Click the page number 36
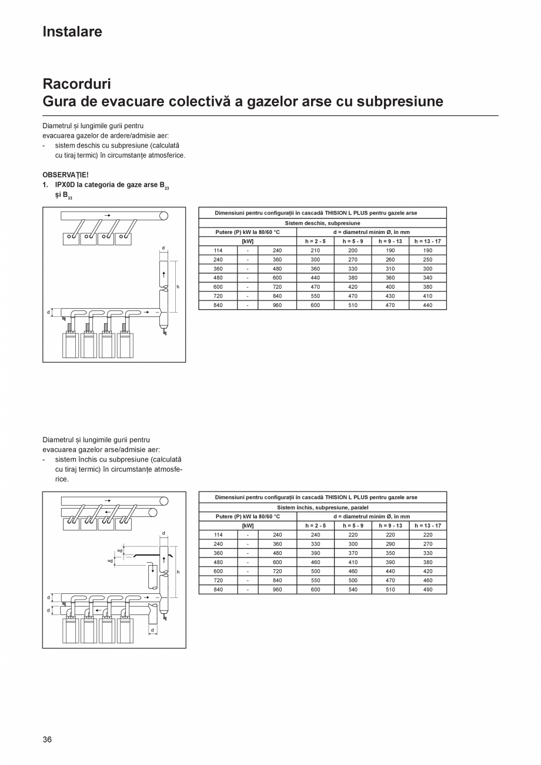pos(47,739)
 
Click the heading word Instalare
pos(72,32)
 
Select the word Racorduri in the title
pos(76,83)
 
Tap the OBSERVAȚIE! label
pos(65,175)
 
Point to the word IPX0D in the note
pos(65,185)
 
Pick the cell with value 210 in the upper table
pos(315,250)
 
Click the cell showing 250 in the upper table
pos(428,259)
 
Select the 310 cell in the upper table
pos(390,269)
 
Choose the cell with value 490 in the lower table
pos(428,589)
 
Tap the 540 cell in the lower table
pos(353,589)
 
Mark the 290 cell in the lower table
pos(390,544)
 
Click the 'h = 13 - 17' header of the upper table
pos(428,241)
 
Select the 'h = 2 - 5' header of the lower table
pos(315,526)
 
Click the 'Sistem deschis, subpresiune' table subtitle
pos(322,223)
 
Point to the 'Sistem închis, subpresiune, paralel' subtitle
pos(322,507)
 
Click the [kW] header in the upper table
pos(248,241)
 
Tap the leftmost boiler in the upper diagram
pos(71,345)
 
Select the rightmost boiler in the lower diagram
pos(125,630)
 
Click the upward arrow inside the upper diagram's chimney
pos(164,274)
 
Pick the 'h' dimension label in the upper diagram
pos(178,287)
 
